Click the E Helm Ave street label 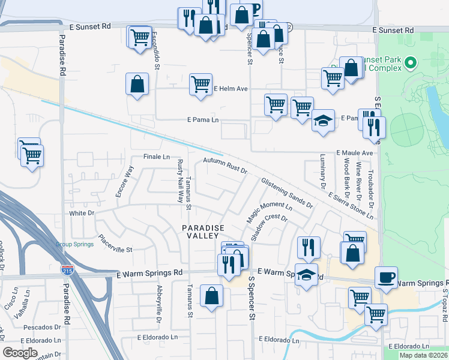pyautogui.click(x=231, y=89)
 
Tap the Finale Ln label pyautogui.click(x=157, y=157)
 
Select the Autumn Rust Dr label pyautogui.click(x=225, y=166)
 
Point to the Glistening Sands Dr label pyautogui.click(x=287, y=193)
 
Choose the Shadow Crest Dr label pyautogui.click(x=270, y=227)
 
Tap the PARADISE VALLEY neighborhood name pyautogui.click(x=203, y=232)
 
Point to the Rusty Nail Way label pyautogui.click(x=179, y=181)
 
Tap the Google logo pyautogui.click(x=20, y=353)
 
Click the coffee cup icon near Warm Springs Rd pyautogui.click(x=386, y=278)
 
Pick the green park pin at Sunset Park pyautogui.click(x=411, y=62)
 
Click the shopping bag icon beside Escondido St pyautogui.click(x=137, y=84)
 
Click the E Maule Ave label pyautogui.click(x=354, y=153)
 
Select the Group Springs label pyautogui.click(x=74, y=245)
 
